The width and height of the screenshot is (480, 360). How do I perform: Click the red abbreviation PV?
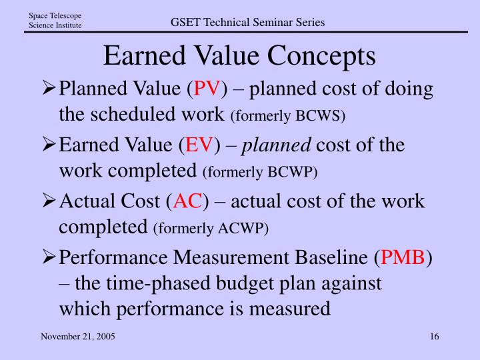pyautogui.click(x=209, y=89)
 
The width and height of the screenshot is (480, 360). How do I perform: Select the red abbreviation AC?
pyautogui.click(x=189, y=201)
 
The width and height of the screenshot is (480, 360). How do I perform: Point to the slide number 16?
pyautogui.click(x=435, y=337)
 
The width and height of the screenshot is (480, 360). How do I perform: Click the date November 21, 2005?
pyautogui.click(x=78, y=337)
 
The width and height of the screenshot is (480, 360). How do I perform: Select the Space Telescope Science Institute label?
pyautogui.click(x=55, y=21)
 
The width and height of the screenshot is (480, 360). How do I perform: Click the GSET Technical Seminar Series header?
pyautogui.click(x=247, y=22)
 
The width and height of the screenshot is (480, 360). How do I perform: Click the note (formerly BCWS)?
pyautogui.click(x=287, y=117)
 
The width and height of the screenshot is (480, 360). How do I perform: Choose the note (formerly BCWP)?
pyautogui.click(x=260, y=173)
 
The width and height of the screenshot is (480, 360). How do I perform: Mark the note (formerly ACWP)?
pyautogui.click(x=211, y=229)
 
